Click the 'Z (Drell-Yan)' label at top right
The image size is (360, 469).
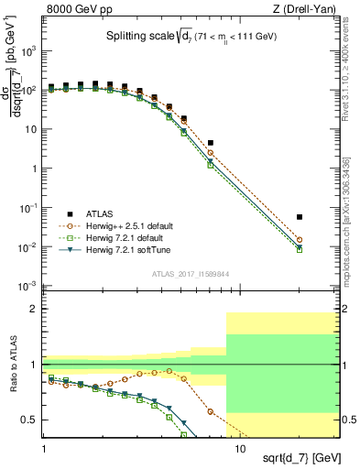click(x=308, y=8)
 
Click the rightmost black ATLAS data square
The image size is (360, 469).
click(x=325, y=217)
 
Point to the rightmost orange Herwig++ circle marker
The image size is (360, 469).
click(x=325, y=240)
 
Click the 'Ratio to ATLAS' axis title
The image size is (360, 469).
click(x=14, y=365)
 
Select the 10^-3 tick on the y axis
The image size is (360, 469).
click(x=27, y=287)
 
